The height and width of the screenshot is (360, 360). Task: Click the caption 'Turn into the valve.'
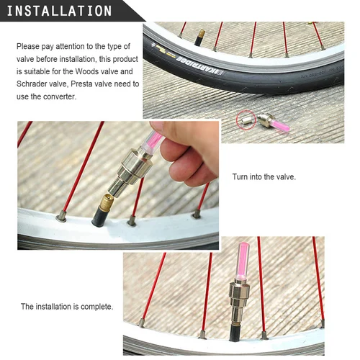click(264, 176)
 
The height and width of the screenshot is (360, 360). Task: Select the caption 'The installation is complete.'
click(67, 306)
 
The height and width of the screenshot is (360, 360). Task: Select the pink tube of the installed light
click(240, 269)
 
